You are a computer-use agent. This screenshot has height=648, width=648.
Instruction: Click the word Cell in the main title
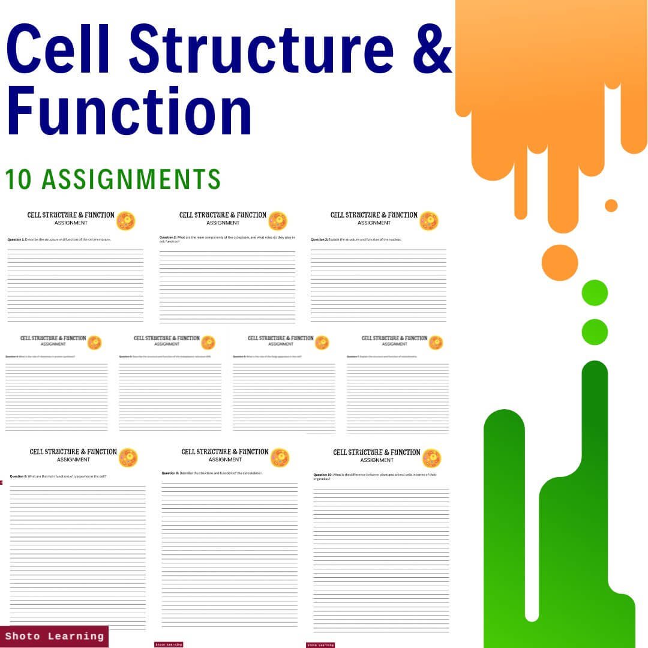coord(60,47)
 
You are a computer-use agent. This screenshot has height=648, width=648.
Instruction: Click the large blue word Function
coord(129,112)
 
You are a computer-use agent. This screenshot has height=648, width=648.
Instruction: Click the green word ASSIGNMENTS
coord(131,179)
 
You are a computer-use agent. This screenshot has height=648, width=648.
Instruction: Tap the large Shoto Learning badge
coord(55,636)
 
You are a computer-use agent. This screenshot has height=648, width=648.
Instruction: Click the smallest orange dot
coord(611,206)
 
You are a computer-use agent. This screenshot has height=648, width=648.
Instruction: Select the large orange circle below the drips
coord(559,263)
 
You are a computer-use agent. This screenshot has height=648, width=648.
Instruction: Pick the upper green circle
coord(595,293)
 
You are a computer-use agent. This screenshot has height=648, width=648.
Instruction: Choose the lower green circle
coord(595,332)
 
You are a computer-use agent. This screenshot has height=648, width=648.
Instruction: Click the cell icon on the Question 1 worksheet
coord(125,220)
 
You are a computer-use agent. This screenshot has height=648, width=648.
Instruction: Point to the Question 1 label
coord(15,239)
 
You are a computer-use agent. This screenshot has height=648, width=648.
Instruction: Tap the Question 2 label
coord(167,238)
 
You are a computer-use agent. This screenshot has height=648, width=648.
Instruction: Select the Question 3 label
coord(319,239)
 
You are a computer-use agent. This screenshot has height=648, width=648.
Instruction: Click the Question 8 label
coord(18,476)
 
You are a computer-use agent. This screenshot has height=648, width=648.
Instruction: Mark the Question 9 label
coord(170,473)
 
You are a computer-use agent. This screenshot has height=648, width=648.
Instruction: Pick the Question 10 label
coord(322,475)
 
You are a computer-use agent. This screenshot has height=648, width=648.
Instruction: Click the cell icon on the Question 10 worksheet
coord(431,458)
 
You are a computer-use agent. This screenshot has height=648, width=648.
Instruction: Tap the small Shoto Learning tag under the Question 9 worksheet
coord(169,644)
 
